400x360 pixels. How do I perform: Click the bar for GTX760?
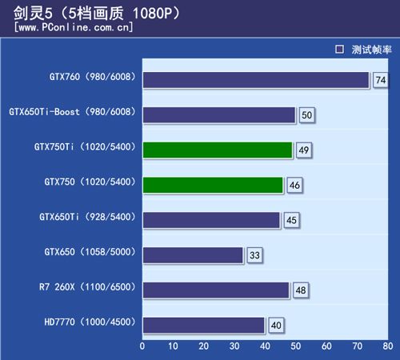(256, 79)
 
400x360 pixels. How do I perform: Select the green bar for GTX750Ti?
(218, 150)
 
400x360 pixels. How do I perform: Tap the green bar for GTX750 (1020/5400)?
(213, 185)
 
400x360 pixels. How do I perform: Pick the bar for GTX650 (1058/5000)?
(193, 255)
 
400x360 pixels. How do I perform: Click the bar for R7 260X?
(216, 290)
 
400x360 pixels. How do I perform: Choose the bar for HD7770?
(204, 325)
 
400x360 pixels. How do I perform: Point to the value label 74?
(380, 80)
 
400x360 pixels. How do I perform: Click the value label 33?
(254, 256)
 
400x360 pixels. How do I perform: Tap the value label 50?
(306, 115)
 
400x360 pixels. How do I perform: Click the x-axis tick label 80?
(387, 347)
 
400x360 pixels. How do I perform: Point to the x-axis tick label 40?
(265, 347)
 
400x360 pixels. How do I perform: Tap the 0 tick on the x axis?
(142, 347)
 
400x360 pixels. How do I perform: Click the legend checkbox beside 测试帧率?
(339, 49)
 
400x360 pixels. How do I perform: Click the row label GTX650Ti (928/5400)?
(86, 217)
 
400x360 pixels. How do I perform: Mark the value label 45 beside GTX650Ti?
(291, 221)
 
